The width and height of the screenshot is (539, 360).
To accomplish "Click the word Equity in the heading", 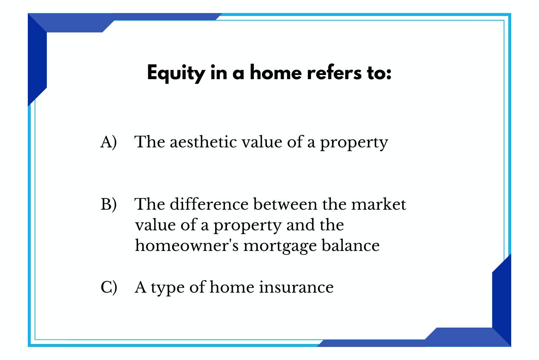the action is click(176, 73).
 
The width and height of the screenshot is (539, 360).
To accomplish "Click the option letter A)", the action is click(109, 142).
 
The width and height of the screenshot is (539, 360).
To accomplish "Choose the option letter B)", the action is click(109, 205).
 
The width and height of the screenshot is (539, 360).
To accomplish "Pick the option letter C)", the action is click(109, 287).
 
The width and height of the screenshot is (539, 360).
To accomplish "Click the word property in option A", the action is click(354, 143).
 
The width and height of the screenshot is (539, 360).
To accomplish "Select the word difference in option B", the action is click(209, 204).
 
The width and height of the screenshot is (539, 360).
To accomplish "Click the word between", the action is click(286, 204).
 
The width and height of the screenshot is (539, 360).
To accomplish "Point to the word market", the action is click(379, 205).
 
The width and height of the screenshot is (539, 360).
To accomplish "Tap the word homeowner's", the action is click(187, 245).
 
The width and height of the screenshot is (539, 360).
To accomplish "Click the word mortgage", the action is click(280, 247).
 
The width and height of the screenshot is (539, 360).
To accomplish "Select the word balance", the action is click(351, 245).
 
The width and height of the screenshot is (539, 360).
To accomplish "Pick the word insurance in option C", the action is click(296, 287).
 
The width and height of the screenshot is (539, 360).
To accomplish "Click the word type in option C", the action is click(168, 288).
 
